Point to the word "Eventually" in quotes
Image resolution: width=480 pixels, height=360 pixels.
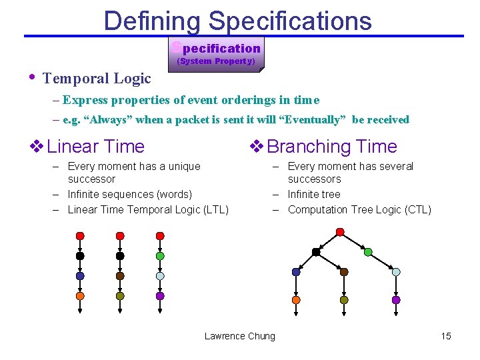click(313, 120)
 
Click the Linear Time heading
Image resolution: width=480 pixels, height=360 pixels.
click(96, 147)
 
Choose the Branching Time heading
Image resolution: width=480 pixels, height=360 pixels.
click(331, 147)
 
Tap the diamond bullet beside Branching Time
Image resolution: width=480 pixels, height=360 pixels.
click(255, 146)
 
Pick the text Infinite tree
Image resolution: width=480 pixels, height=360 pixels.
click(314, 195)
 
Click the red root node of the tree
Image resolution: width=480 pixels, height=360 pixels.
click(340, 232)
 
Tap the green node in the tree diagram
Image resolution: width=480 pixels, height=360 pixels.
click(368, 252)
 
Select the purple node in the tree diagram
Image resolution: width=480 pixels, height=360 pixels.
click(396, 300)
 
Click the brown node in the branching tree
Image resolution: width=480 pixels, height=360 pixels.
click(344, 272)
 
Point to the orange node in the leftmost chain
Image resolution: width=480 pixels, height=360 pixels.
click(80, 296)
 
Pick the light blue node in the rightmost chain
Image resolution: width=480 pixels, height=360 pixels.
click(160, 276)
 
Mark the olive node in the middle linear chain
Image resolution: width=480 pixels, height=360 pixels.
click(120, 296)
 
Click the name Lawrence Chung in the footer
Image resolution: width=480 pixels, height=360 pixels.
click(239, 336)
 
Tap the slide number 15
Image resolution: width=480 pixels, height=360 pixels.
click(446, 336)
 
